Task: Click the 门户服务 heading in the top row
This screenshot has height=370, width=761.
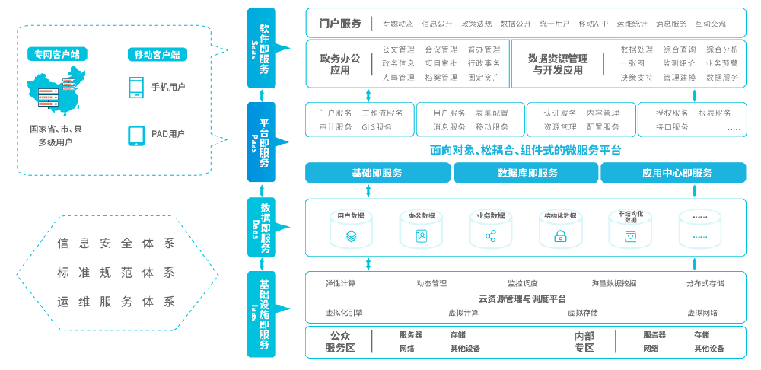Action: [340, 24]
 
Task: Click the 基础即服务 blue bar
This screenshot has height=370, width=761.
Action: [377, 173]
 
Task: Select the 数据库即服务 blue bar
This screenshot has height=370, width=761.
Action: [527, 173]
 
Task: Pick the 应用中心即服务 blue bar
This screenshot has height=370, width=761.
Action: [677, 173]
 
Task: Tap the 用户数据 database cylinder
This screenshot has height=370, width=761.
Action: [351, 228]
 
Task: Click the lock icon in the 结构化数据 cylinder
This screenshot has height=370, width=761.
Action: [560, 238]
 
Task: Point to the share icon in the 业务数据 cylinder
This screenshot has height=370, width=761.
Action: [490, 237]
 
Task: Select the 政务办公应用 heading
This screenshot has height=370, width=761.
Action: [340, 64]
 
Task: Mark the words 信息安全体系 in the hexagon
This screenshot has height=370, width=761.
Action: [116, 244]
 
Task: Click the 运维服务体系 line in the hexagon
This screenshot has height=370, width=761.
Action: [116, 301]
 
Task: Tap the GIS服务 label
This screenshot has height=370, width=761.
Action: [377, 126]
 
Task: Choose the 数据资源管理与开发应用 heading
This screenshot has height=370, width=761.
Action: [557, 64]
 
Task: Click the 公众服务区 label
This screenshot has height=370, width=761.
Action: [340, 342]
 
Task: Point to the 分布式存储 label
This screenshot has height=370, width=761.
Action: [705, 283]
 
